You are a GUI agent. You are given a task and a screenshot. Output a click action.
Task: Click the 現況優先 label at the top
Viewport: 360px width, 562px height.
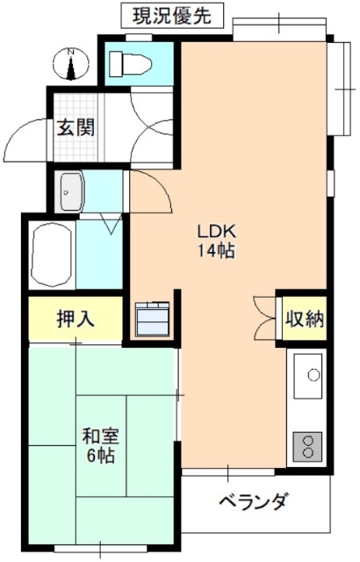coord(171,15)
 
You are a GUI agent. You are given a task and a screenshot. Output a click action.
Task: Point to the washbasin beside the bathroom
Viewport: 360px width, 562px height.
coord(69,191)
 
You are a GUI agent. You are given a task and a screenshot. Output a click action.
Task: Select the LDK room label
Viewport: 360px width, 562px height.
coord(215,233)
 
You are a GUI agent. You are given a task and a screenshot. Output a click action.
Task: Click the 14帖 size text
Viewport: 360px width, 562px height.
coord(215,251)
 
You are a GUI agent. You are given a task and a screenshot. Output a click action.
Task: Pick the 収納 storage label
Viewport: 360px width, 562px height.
coord(304,319)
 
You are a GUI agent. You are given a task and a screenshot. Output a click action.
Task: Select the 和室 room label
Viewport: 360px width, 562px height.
coord(100,436)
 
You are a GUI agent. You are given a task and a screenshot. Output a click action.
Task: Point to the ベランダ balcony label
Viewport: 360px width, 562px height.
coord(252,502)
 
